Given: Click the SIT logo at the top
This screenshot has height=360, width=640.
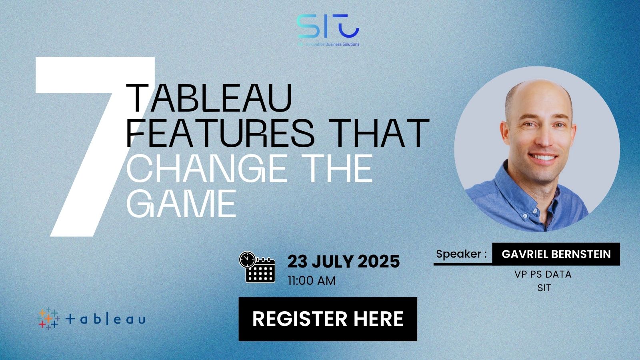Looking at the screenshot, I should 328,27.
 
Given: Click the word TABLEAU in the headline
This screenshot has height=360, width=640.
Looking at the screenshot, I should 209,98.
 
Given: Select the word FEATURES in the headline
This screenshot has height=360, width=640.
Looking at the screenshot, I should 220,133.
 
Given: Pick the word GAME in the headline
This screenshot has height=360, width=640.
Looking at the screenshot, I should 181,203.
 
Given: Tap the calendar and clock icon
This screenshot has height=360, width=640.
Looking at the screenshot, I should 257,267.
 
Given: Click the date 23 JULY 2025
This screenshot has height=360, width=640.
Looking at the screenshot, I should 344,262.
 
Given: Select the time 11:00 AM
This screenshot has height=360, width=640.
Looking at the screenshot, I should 312,281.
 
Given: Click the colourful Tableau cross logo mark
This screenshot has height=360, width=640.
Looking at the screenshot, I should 48,319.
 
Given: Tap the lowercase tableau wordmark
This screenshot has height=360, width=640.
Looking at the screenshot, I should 105,319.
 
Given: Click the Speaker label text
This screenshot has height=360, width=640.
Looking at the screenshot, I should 461,254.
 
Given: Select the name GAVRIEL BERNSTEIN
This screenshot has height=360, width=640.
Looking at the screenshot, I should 556,254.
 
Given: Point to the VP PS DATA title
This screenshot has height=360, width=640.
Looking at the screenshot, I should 543,274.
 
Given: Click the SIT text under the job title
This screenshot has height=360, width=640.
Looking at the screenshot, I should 544,288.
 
